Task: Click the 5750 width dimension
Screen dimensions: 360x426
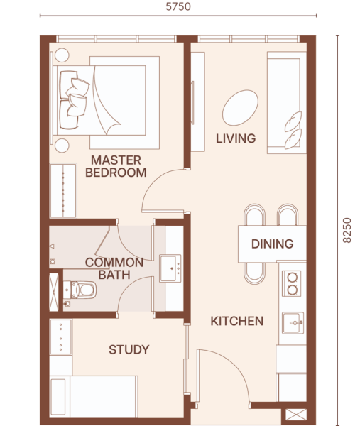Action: pos(178,6)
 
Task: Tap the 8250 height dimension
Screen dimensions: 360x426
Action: pos(347,230)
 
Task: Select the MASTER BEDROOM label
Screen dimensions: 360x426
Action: pos(116,166)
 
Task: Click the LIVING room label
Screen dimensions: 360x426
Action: pos(236,138)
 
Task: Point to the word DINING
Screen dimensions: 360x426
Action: pos(272,244)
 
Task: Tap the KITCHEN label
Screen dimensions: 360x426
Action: pos(237,321)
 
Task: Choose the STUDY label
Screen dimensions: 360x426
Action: pos(129,349)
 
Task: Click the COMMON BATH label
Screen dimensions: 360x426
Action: pos(114,268)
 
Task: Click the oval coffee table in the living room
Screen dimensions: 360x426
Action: pos(240,108)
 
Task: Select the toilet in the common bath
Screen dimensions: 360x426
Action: pos(80,290)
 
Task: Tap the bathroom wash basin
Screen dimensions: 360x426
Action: pos(170,268)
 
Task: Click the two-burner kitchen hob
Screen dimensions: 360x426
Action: pos(292,283)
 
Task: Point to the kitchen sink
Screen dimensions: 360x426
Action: pos(293,323)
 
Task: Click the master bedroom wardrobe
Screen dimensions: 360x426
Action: pos(63,190)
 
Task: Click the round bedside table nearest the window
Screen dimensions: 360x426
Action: pos(62,55)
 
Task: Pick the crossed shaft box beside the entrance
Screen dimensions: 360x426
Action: pos(296,415)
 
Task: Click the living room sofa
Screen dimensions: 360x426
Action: pos(287,103)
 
